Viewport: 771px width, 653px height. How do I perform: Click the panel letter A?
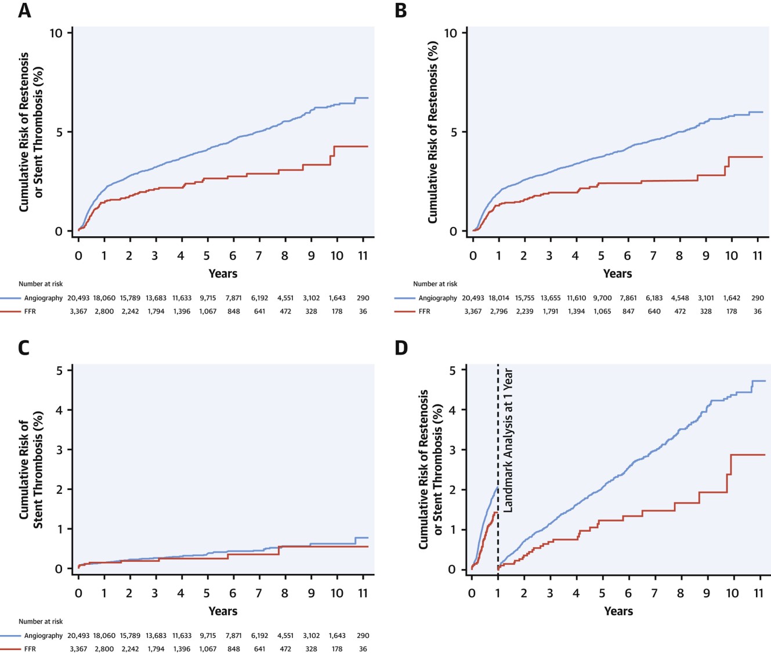point(24,10)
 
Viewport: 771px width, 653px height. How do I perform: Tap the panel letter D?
point(401,348)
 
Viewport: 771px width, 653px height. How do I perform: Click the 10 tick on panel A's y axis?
point(56,33)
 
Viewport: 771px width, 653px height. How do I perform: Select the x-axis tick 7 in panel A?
point(259,255)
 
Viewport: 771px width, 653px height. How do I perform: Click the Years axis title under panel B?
point(617,273)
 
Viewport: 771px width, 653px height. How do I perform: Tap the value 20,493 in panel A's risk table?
point(78,298)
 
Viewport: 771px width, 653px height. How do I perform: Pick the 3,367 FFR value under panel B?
point(473,311)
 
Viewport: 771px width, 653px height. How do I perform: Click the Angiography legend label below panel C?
point(43,636)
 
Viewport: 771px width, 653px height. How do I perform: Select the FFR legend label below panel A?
point(30,311)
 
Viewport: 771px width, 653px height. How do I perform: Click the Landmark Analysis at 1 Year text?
point(508,440)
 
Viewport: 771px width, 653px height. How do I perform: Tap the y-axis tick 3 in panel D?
point(452,450)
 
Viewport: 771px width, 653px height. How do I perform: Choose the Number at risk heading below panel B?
point(435,284)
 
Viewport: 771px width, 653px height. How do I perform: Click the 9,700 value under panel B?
point(602,298)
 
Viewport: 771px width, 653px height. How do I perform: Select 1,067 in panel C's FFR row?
point(208,649)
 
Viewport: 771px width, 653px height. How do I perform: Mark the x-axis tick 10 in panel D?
point(732,593)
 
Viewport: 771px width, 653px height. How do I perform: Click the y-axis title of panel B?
point(433,132)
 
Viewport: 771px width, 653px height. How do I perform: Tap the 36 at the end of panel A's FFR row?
point(363,311)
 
